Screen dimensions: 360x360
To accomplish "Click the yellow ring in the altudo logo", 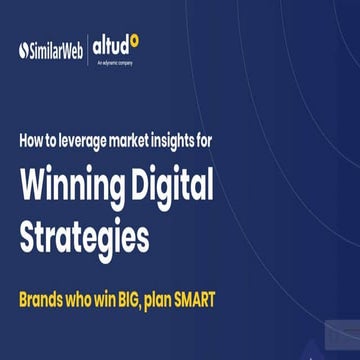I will [135, 40].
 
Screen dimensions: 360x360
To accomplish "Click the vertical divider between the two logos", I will [92, 48].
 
